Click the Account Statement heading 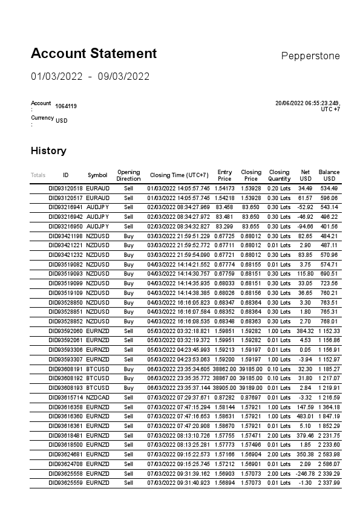(x=94, y=53)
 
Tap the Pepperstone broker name (x=310, y=56)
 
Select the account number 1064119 (x=66, y=106)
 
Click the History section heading (x=48, y=151)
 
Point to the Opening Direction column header (x=128, y=175)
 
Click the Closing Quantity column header (x=279, y=175)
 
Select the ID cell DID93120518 (x=65, y=188)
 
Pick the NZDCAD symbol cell (x=97, y=397)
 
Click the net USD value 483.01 (x=304, y=416)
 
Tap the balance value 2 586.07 (x=329, y=464)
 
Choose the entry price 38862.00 (x=224, y=368)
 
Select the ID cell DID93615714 (x=65, y=397)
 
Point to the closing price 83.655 (x=251, y=226)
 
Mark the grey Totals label (x=38, y=175)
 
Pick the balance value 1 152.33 (x=329, y=331)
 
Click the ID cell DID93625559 (x=65, y=483)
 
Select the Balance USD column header (x=329, y=175)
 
